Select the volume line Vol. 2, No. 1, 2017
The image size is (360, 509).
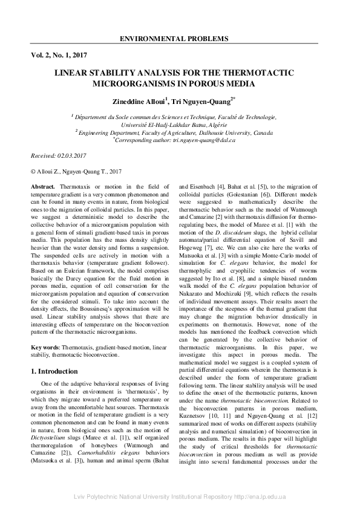pyautogui.click(x=60, y=55)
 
